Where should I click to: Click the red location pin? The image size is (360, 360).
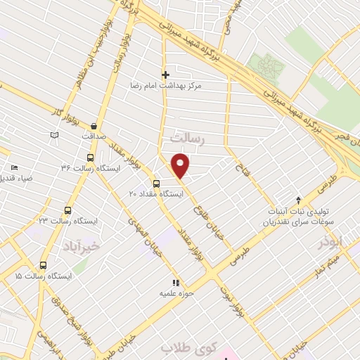(181, 165)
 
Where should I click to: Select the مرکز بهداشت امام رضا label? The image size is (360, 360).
(191, 84)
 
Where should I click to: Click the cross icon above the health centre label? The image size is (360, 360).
(166, 75)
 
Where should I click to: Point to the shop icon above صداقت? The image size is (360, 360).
(94, 127)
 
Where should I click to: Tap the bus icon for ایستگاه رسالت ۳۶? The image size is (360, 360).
(89, 157)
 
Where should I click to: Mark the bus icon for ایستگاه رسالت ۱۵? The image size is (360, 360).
(44, 265)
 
